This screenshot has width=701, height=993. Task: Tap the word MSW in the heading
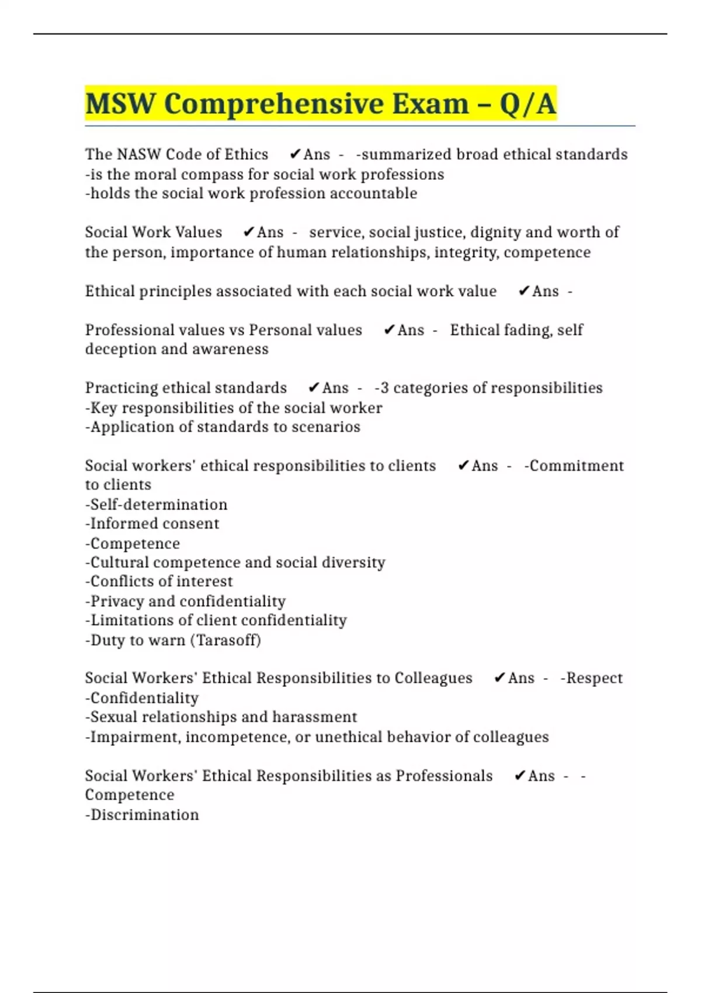tap(120, 105)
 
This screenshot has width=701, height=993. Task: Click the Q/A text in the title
tap(528, 105)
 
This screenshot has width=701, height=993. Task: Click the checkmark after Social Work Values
tap(248, 232)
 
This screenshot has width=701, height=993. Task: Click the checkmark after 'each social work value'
tap(524, 291)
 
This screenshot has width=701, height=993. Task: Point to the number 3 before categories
tap(384, 388)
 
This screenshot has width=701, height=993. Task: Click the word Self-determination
tap(158, 505)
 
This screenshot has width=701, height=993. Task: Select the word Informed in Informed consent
tap(124, 523)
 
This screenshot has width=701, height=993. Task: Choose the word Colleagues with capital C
tap(433, 678)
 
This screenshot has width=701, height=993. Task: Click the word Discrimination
tap(144, 815)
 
